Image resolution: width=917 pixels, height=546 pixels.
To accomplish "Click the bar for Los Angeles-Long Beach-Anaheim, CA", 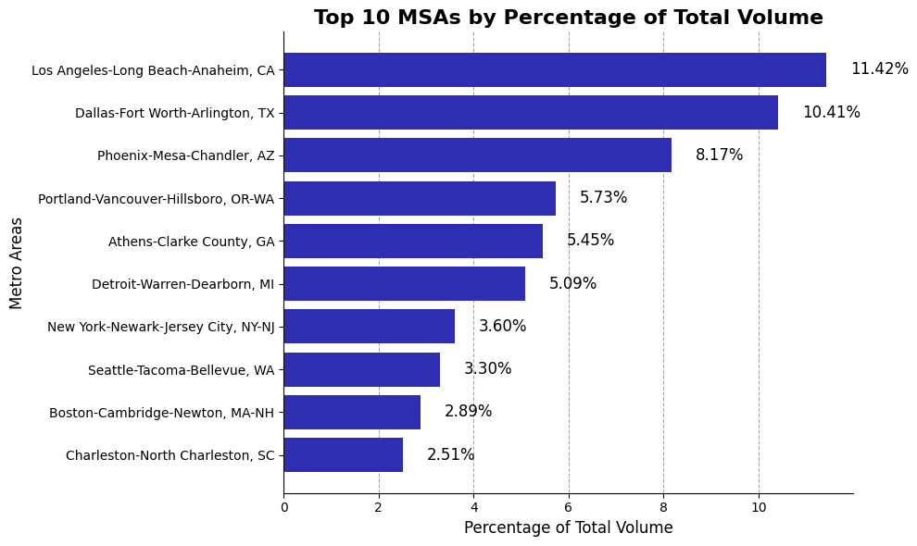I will [554, 69].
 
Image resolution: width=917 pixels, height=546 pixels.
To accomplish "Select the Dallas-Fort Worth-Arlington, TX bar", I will [530, 112].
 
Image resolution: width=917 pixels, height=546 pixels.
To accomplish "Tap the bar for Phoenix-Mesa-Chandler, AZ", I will [477, 155].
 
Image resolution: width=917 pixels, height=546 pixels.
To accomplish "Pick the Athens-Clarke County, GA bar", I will [413, 241].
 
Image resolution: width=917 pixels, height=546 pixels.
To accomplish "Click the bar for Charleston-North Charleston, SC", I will [343, 455].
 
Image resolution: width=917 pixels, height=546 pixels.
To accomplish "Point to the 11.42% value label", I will [879, 69].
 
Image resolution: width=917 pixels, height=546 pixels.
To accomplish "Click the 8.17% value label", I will [719, 155].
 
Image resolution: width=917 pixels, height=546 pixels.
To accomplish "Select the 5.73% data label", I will [603, 198].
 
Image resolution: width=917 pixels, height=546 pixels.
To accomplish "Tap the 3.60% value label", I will [502, 327].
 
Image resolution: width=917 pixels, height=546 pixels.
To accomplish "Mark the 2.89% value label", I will [468, 412].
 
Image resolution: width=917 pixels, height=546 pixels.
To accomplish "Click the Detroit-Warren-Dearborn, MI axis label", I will [182, 284].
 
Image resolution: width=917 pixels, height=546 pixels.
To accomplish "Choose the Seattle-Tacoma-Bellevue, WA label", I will [181, 370].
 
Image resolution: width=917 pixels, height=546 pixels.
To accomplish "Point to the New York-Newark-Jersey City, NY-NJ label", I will [161, 327].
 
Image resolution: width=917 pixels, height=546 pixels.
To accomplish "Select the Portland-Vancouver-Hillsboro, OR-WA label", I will [157, 198].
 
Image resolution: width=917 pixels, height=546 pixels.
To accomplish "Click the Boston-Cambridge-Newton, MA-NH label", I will [162, 413].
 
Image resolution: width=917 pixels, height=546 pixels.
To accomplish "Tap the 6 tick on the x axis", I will [569, 508].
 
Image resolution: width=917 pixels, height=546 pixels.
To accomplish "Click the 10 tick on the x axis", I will [759, 508].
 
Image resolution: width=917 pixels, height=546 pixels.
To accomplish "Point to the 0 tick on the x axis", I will [284, 508].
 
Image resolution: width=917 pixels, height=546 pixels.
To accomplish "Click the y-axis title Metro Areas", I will [17, 263].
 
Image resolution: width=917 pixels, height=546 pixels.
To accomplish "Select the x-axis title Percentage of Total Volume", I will [568, 528].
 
